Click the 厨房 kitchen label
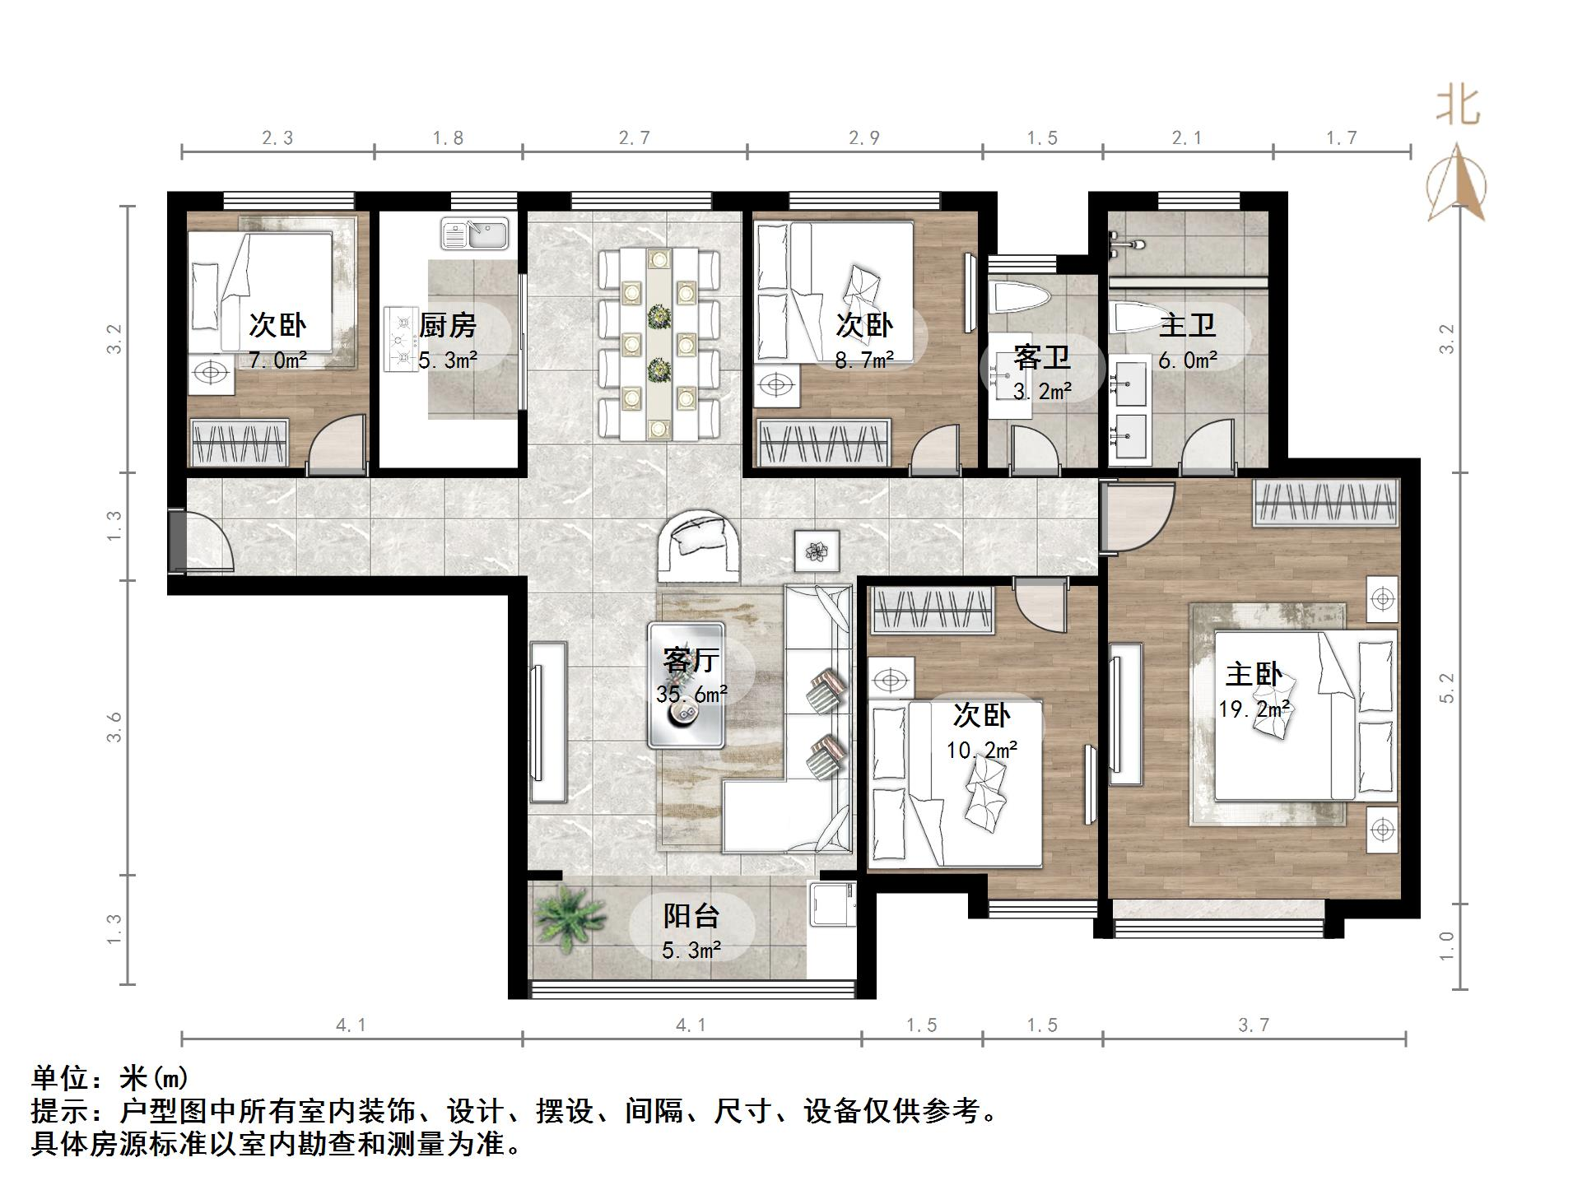[x=447, y=326]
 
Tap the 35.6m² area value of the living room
[x=691, y=694]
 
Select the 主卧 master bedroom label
[x=1253, y=675]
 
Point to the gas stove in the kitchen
[x=401, y=338]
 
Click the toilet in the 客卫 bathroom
[x=1019, y=299]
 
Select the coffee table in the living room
[x=686, y=686]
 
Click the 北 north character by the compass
[x=1458, y=106]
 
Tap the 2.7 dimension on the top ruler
[x=635, y=137]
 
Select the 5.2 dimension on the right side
[x=1446, y=688]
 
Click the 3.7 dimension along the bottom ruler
[x=1253, y=1025]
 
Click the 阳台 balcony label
[x=691, y=916]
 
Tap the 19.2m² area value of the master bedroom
[x=1253, y=709]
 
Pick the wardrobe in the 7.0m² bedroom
[x=240, y=443]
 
